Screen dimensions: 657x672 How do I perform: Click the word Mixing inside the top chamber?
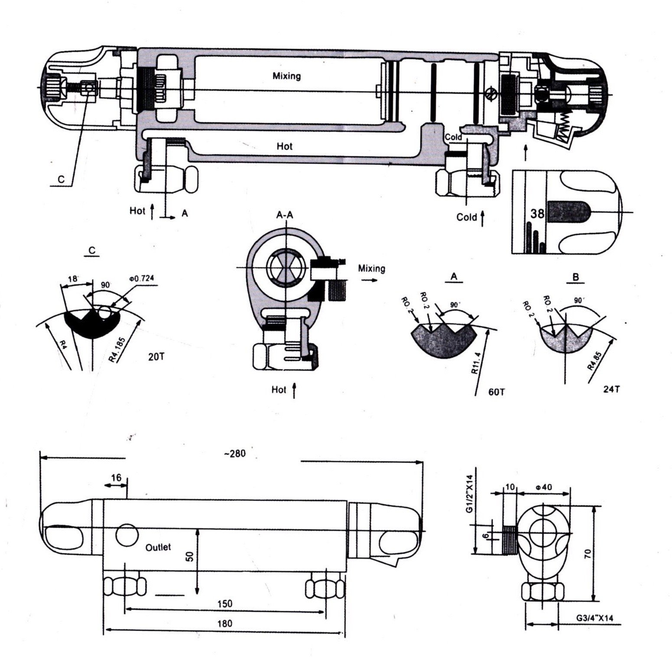pyautogui.click(x=286, y=76)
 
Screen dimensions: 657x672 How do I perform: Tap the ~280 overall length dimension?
pyautogui.click(x=235, y=453)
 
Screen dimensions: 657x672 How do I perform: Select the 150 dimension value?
pyautogui.click(x=225, y=603)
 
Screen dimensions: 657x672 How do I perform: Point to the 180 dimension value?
pyautogui.click(x=225, y=624)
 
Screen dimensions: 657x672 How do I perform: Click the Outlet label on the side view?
pyautogui.click(x=158, y=547)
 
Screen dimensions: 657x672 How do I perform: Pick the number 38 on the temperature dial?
pyautogui.click(x=537, y=214)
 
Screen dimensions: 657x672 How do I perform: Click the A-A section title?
pyautogui.click(x=285, y=214)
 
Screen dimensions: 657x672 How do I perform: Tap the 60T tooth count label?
pyautogui.click(x=497, y=392)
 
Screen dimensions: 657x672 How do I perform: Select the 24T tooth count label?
pyautogui.click(x=611, y=389)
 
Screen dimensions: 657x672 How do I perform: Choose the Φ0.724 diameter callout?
pyautogui.click(x=141, y=278)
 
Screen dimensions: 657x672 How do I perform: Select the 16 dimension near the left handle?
pyautogui.click(x=116, y=478)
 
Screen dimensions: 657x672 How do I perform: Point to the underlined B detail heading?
pyautogui.click(x=575, y=277)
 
